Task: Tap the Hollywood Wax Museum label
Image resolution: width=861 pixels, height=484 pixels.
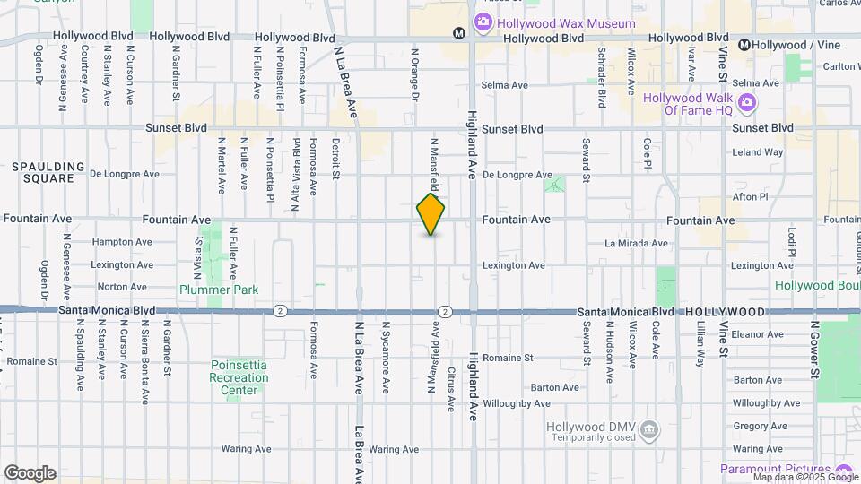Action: (x=567, y=23)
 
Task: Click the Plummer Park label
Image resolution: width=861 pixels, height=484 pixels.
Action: (x=219, y=290)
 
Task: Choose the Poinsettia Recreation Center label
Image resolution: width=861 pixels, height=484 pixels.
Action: (x=239, y=377)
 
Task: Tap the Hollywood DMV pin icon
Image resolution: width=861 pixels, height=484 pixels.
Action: (x=648, y=431)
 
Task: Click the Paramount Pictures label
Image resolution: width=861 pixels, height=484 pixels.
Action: (x=775, y=469)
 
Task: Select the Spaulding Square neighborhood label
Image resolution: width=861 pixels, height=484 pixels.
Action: (x=48, y=172)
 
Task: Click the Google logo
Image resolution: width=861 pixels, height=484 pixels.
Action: (x=30, y=473)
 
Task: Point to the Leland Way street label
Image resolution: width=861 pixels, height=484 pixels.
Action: (x=757, y=152)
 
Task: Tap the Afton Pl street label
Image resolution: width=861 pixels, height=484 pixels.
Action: (x=751, y=196)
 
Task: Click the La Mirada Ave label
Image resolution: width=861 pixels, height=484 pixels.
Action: (x=636, y=243)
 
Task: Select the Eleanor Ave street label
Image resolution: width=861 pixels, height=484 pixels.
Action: (x=758, y=334)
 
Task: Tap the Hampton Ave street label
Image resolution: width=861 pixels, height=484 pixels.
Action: (x=123, y=242)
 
